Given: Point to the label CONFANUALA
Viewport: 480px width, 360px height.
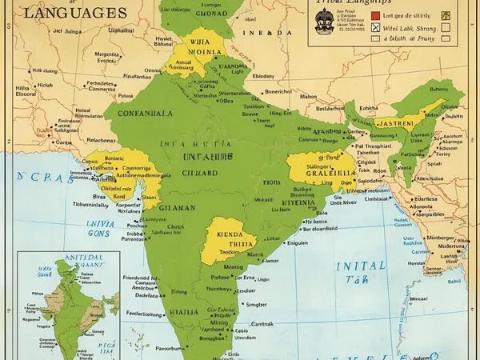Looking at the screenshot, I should tap(146, 114).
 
